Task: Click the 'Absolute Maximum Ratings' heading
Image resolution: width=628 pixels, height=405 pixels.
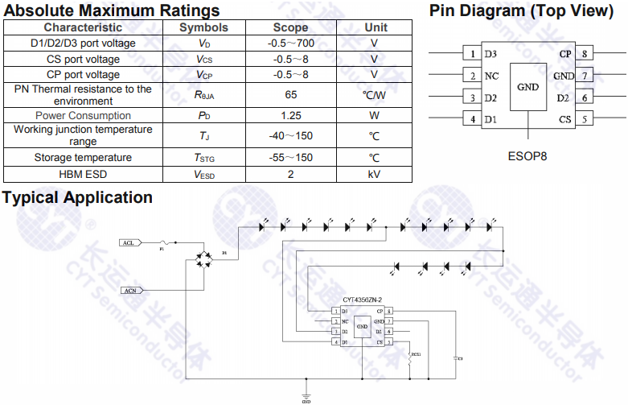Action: (x=113, y=10)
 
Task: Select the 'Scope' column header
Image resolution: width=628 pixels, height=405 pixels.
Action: (x=290, y=27)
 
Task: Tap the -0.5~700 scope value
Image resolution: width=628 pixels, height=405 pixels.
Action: (x=290, y=43)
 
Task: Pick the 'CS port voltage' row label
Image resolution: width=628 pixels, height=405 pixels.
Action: (x=83, y=59)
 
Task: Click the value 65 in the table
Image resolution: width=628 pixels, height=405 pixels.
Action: (x=290, y=94)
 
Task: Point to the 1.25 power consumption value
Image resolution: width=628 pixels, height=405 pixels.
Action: (x=290, y=115)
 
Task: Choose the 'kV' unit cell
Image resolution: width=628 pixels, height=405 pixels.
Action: (x=374, y=174)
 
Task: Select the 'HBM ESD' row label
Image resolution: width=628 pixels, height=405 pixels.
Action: (x=83, y=174)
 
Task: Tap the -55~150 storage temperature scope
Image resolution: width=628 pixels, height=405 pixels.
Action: (x=290, y=157)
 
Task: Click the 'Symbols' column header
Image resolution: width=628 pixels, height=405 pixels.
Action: (x=203, y=27)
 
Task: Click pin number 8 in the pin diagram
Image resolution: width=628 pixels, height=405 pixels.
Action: (x=585, y=54)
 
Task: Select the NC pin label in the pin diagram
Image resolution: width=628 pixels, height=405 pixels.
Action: (x=490, y=76)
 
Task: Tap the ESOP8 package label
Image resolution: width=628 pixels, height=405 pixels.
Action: (x=527, y=155)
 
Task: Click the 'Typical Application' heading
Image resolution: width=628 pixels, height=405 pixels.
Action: (x=77, y=197)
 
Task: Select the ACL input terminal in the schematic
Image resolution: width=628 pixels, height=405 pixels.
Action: (x=128, y=242)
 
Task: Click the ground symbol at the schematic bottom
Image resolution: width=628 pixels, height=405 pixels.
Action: (x=306, y=394)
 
